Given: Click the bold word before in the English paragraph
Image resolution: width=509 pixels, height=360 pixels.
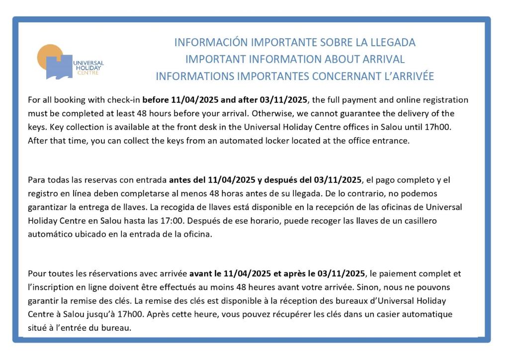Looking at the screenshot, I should (156, 100).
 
